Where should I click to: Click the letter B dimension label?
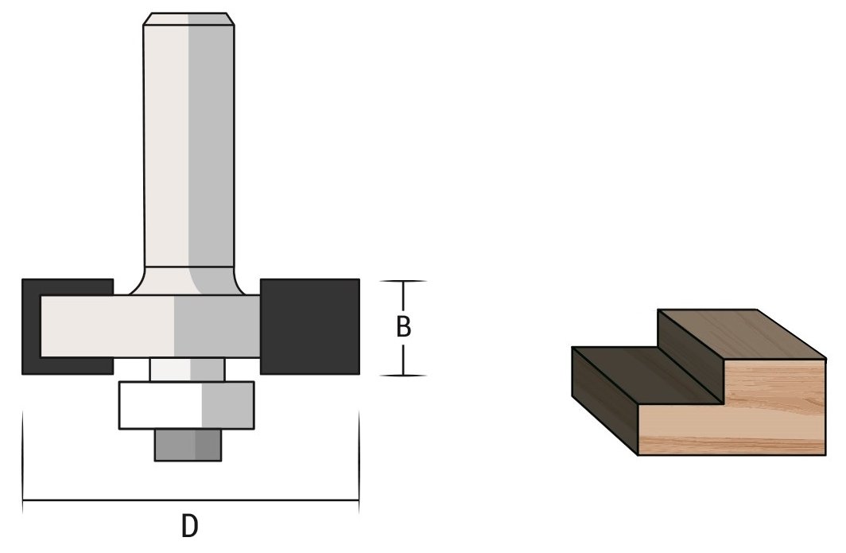pos(403,328)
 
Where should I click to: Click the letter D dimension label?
pos(189,526)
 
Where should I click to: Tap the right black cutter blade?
pos(310,325)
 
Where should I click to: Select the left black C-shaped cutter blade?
pos(31,326)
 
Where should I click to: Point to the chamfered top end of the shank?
pos(188,19)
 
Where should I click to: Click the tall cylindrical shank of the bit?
pos(188,143)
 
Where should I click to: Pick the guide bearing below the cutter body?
pos(187,405)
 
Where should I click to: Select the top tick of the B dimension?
pos(403,282)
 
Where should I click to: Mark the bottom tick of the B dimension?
pos(403,375)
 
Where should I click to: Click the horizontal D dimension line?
pos(191,500)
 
